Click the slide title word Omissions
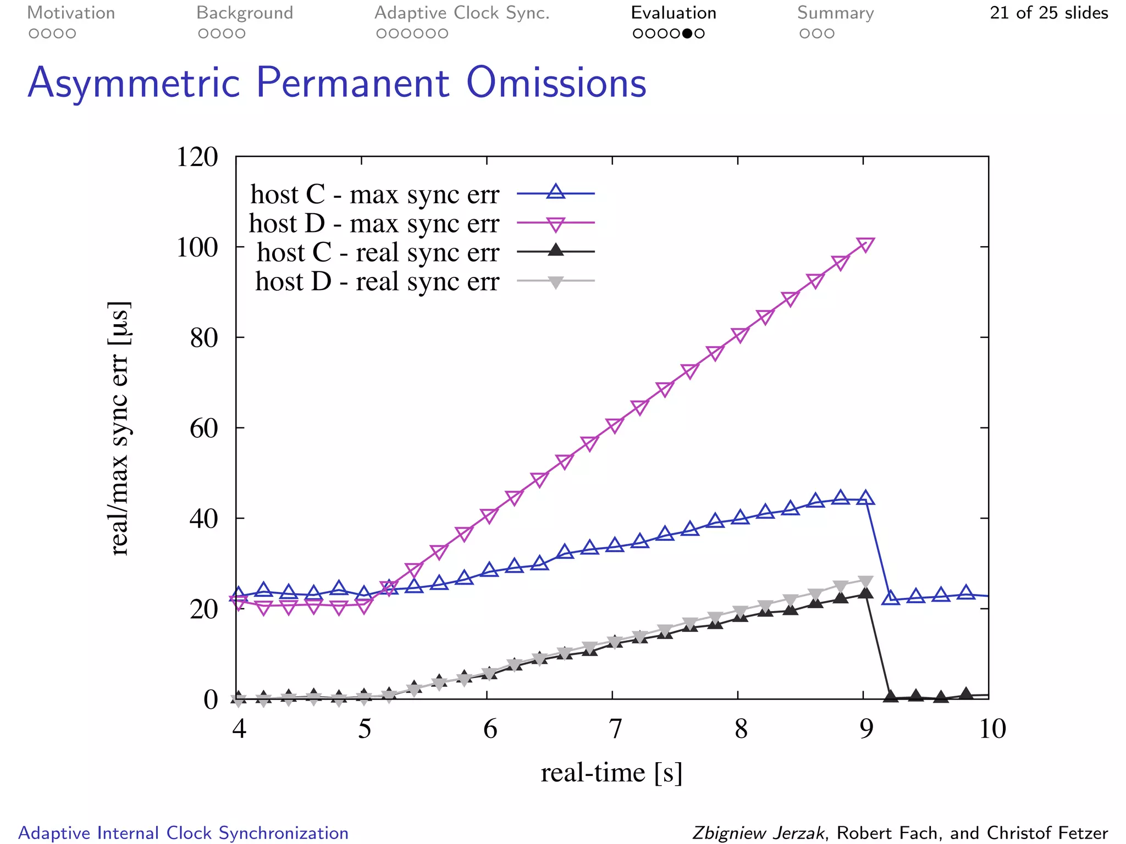point(556,84)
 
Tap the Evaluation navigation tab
point(674,13)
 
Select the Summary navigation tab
point(835,13)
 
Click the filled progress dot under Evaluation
point(687,34)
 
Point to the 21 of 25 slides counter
point(1048,13)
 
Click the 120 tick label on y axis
point(197,157)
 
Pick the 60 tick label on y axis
point(204,429)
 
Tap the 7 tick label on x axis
point(615,729)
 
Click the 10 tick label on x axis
point(992,729)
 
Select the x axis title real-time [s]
point(611,773)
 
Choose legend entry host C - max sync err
point(374,195)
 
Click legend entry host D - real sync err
point(377,282)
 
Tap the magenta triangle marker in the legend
point(556,224)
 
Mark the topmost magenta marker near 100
point(865,245)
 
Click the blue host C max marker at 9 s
point(865,498)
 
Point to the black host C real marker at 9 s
point(865,592)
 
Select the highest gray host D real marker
point(865,582)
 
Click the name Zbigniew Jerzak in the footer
point(758,833)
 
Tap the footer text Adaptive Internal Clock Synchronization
point(184,833)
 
